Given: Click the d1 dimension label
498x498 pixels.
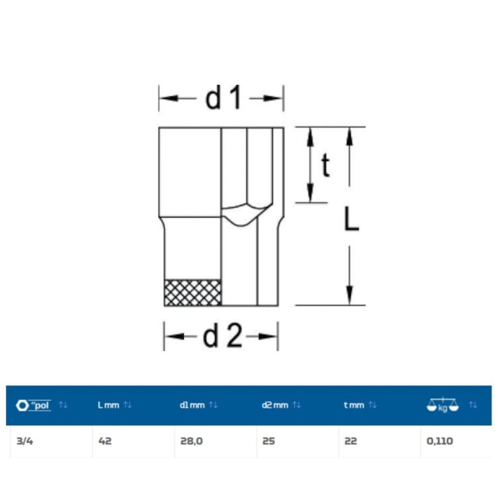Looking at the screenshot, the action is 224,98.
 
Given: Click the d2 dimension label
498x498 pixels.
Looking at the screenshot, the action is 222,336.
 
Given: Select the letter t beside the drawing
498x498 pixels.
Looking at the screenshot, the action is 326,165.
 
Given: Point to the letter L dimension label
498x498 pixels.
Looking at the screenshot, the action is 352,218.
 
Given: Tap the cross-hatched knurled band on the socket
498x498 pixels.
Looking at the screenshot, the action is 193,293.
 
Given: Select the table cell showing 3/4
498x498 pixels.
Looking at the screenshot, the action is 25,441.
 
